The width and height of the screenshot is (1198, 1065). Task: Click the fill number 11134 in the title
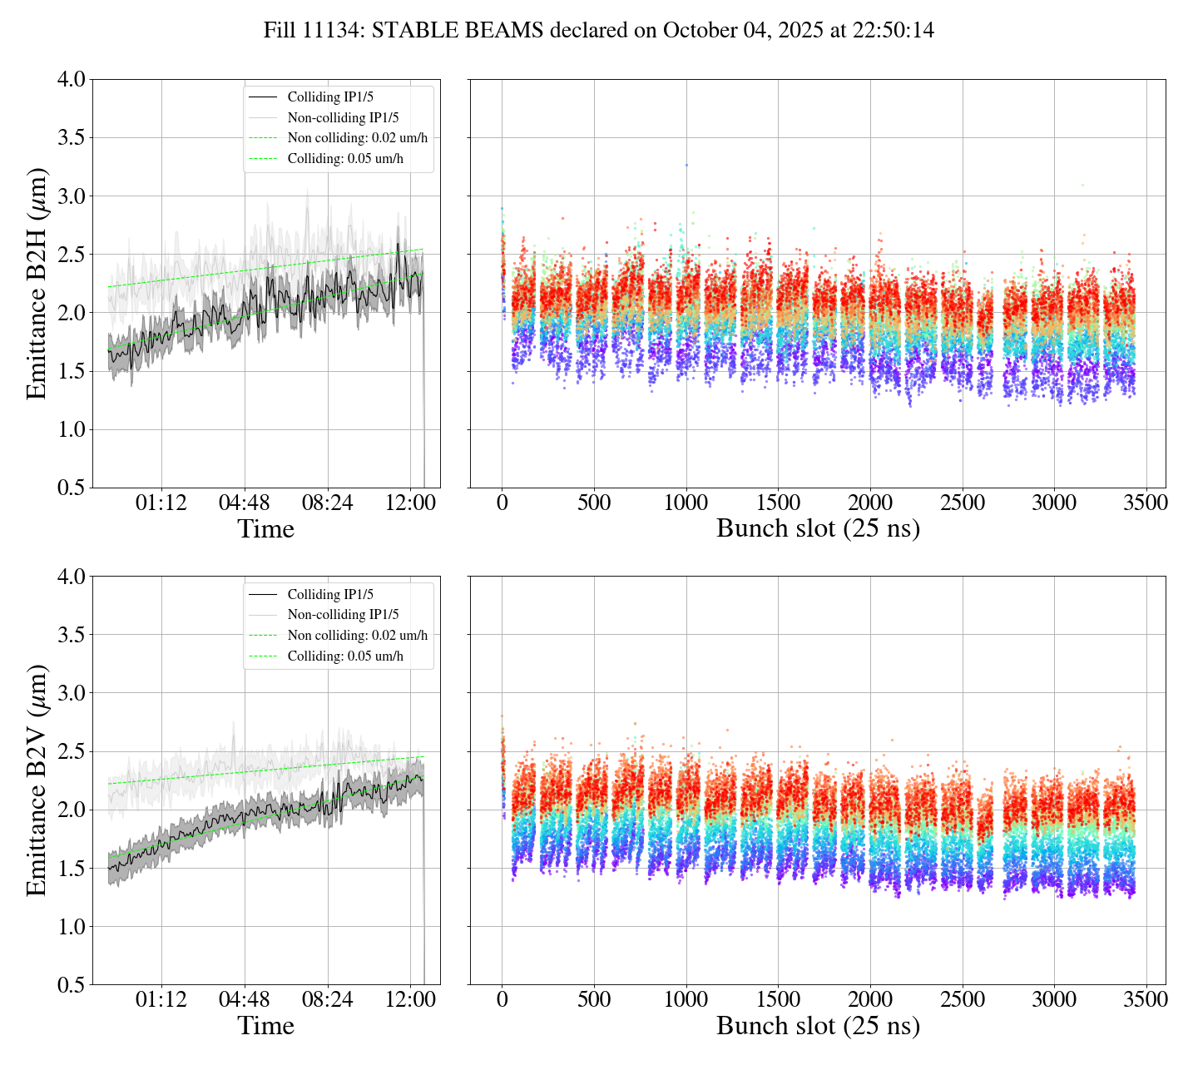pos(334,31)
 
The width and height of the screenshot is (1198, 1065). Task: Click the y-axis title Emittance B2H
pos(37,283)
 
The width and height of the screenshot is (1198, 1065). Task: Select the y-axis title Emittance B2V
pos(37,780)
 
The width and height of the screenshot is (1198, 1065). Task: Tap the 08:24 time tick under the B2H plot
pos(327,503)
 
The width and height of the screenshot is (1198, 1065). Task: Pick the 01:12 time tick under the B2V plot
pos(161,999)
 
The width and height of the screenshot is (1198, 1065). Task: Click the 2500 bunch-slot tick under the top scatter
pos(962,503)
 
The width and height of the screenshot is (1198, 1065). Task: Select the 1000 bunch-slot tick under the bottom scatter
pos(686,999)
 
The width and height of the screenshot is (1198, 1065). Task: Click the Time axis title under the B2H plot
pos(265,529)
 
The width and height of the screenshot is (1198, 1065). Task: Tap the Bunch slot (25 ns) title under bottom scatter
pos(818,1026)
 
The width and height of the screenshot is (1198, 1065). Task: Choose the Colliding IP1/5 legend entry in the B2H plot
pos(330,97)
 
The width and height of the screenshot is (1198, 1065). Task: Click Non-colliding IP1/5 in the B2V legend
pos(343,615)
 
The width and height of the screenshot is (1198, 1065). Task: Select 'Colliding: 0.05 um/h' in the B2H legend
pos(345,159)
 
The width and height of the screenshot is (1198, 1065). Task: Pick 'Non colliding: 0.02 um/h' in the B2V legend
pos(358,636)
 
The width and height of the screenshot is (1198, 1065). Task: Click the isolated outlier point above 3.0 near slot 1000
pos(686,165)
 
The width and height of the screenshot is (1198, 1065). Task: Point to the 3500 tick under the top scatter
pos(1146,503)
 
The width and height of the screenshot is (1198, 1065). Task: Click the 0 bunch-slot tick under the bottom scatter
pos(502,999)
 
